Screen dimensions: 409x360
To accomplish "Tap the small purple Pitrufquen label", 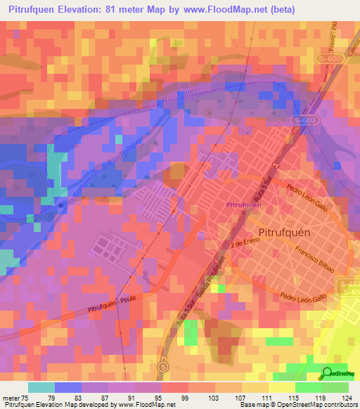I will [x=244, y=204].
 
